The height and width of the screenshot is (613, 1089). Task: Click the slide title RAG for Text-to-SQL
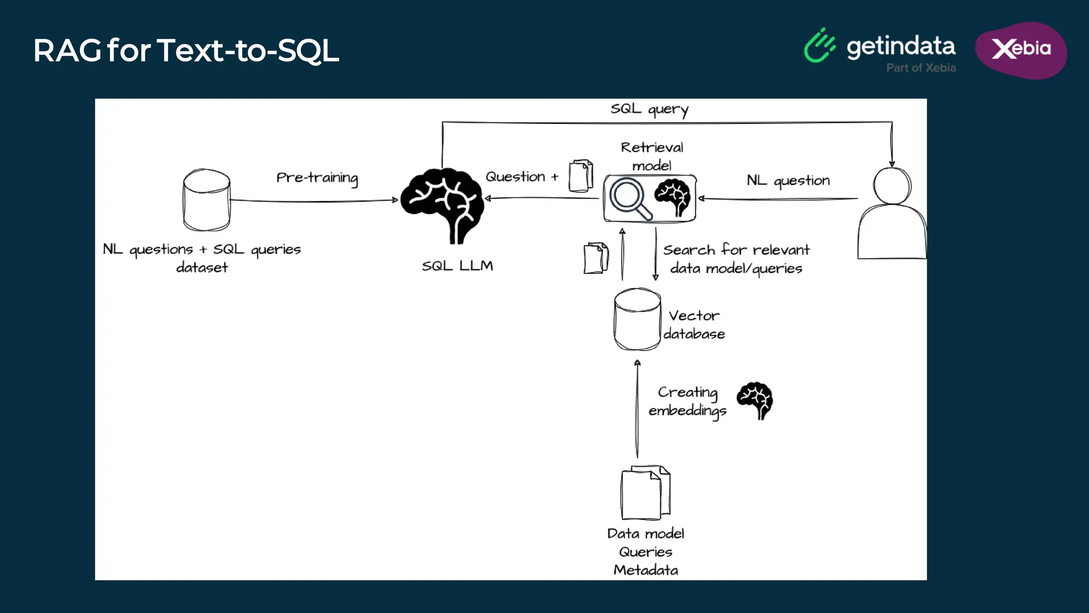coord(186,51)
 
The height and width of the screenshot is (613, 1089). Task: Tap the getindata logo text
coord(900,47)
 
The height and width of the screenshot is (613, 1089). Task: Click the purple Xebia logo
coord(1020,50)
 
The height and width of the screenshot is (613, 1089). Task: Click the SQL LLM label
coord(457,266)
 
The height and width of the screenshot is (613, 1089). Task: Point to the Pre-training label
coord(317,178)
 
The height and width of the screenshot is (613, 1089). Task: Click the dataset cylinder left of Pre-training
coord(206,200)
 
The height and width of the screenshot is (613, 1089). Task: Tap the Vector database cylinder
coord(637,319)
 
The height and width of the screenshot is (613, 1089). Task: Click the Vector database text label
coord(694,325)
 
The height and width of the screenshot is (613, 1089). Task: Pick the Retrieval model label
coord(652,156)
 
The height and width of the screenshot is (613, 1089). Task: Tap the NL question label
coord(788,181)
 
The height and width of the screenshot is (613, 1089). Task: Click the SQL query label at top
coord(649,109)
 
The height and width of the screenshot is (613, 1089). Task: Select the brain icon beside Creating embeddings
coord(755,400)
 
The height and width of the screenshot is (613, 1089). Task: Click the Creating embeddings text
coord(688,401)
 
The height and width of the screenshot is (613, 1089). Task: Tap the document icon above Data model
coord(645,493)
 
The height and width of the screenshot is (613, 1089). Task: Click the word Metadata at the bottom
coord(646,570)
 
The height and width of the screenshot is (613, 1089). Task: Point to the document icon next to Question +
coord(581,176)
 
